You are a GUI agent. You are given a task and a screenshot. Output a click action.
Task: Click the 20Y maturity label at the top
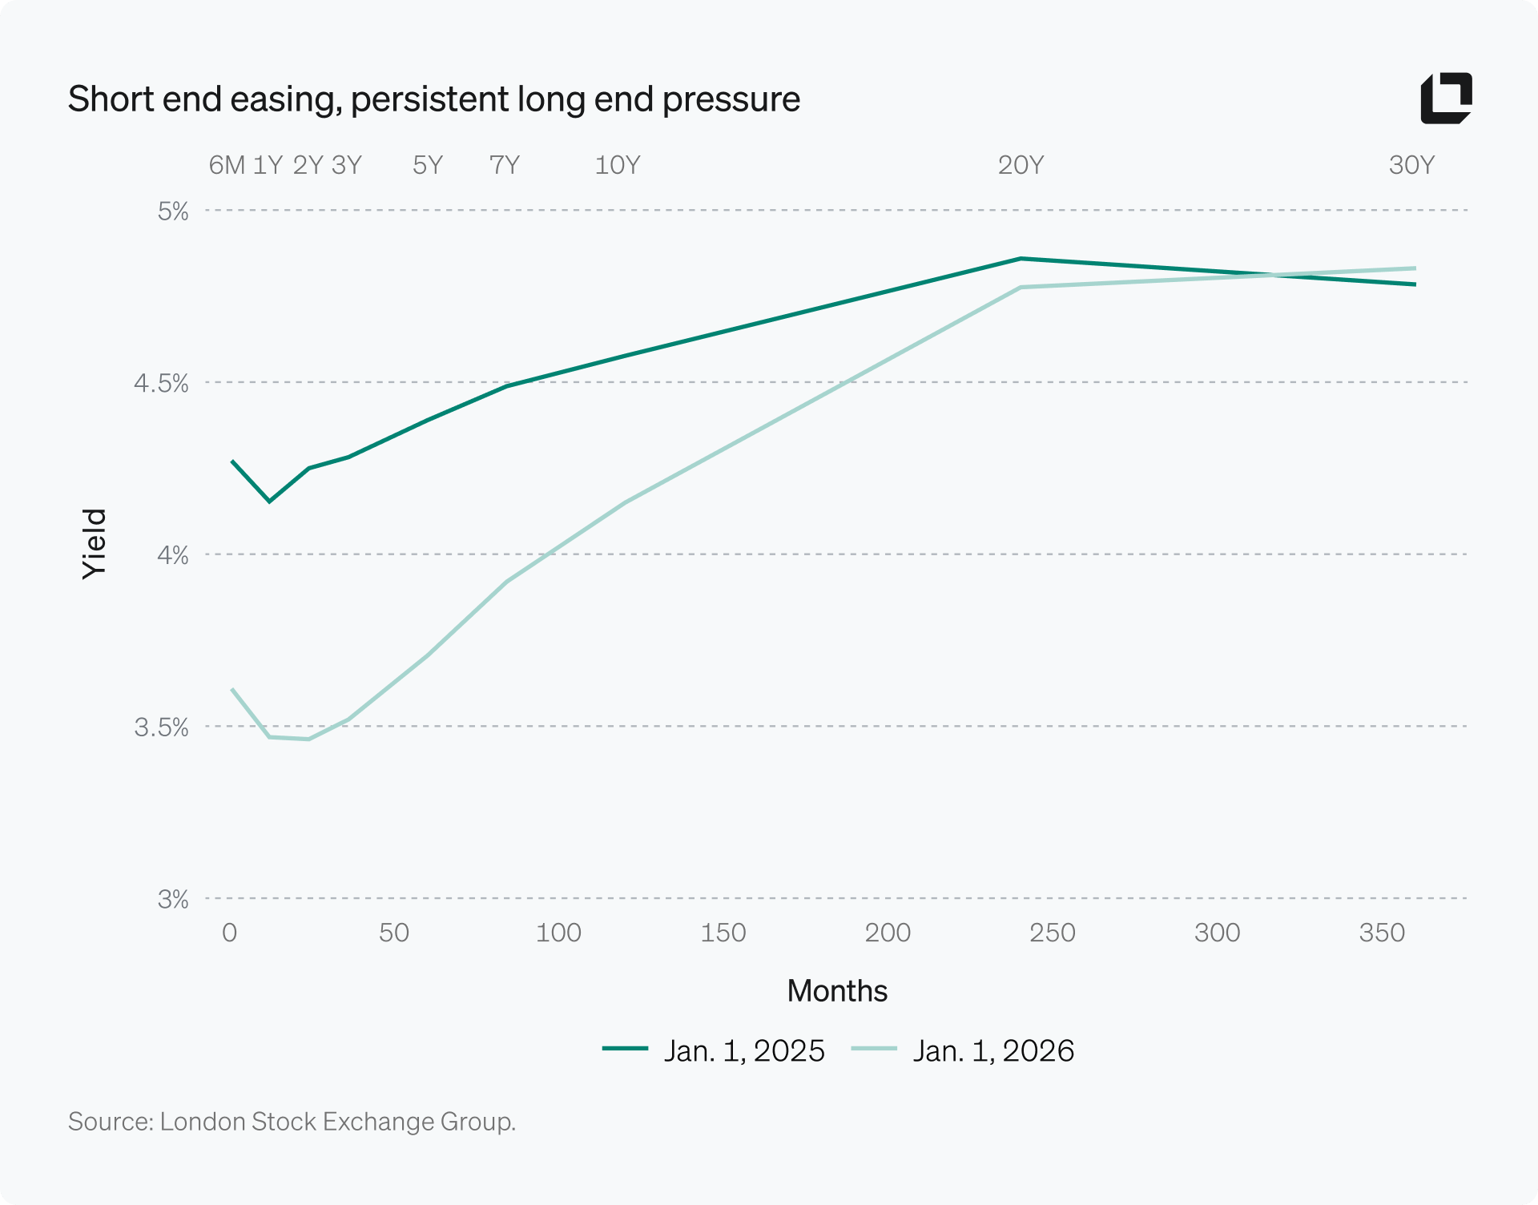coord(1021,165)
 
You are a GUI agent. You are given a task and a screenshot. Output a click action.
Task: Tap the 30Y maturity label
coord(1411,165)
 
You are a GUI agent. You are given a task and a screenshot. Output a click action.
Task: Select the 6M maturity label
coord(227,165)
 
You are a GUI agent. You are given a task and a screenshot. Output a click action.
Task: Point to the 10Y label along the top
coord(618,165)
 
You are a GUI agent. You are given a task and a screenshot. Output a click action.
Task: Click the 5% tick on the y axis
coord(172,212)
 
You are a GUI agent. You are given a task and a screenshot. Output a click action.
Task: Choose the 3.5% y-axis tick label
coord(161,727)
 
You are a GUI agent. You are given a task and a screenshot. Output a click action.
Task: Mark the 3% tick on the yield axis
coord(172,899)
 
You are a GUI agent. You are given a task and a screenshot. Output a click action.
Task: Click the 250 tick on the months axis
coord(1052,933)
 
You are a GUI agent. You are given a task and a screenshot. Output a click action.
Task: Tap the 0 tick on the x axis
coord(229,933)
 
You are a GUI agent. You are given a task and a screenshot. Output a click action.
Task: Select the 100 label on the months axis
coord(558,933)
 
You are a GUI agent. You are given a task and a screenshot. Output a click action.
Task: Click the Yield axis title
coord(95,544)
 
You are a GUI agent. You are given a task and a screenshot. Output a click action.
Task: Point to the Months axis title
coord(837,991)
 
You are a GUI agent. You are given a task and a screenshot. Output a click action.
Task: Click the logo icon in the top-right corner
coord(1446,99)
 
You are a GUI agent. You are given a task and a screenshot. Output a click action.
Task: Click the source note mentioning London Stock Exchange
coord(292,1121)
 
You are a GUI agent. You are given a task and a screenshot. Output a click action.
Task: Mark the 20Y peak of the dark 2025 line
coord(1021,259)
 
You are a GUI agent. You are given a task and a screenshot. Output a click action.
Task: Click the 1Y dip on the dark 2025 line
coord(269,502)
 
